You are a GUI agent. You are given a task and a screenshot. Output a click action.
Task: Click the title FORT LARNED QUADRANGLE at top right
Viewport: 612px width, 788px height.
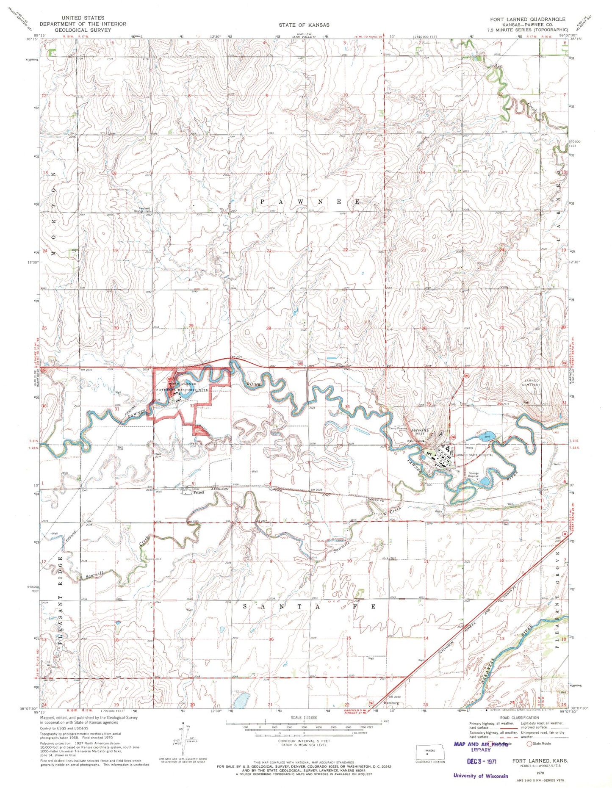coord(527,19)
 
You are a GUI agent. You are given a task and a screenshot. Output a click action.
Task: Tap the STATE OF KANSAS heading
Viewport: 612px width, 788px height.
coord(304,25)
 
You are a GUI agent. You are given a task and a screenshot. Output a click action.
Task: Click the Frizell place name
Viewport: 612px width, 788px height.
coord(198,492)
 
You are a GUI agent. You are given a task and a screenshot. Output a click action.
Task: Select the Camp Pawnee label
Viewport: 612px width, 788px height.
coord(397,428)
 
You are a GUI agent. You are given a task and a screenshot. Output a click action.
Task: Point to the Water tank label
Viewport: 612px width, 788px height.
coord(415,441)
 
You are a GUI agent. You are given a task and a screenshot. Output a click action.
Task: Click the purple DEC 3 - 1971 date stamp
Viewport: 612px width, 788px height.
coord(482,761)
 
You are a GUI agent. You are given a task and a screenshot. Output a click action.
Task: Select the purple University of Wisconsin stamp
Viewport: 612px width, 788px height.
coord(480,776)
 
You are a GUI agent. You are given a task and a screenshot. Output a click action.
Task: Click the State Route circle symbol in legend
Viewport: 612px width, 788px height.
coord(529,743)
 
